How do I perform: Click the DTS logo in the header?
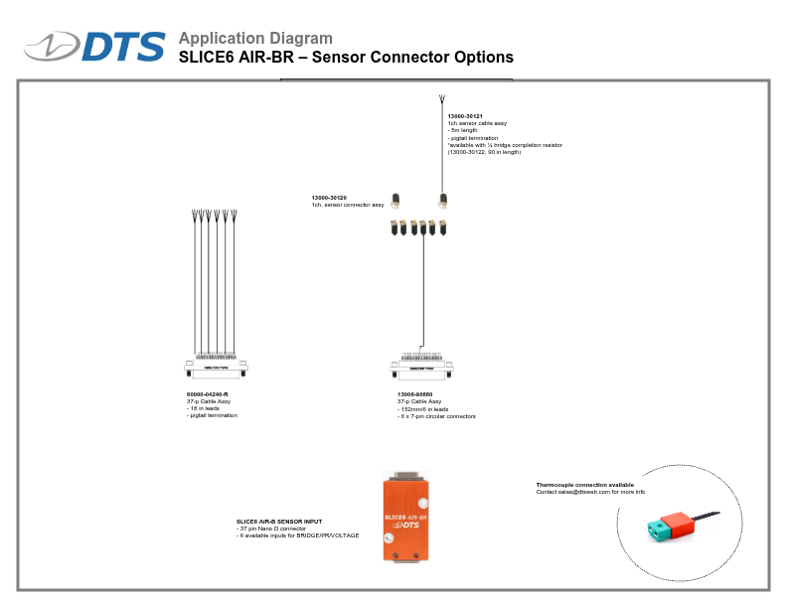[95, 47]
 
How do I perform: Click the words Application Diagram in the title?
[255, 39]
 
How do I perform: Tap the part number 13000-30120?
[329, 198]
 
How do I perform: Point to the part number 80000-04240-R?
[208, 394]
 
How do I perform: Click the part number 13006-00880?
[414, 394]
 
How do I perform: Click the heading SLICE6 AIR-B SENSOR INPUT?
[279, 522]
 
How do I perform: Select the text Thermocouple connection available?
[584, 485]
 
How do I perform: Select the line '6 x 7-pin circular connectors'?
[438, 416]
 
